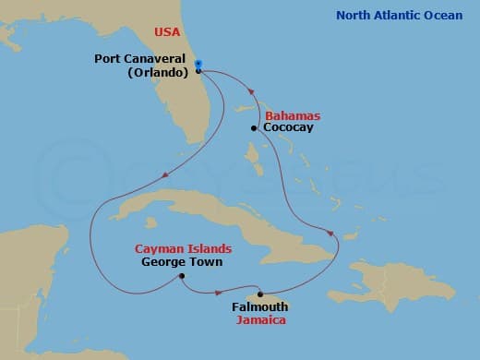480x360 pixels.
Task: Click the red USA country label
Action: click(168, 32)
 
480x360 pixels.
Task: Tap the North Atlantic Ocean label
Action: click(400, 15)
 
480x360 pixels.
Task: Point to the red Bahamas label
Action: click(293, 115)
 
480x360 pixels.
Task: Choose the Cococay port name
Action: click(289, 128)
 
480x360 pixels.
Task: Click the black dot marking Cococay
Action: click(253, 128)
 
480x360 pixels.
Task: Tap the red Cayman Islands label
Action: click(183, 248)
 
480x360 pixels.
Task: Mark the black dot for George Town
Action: click(183, 276)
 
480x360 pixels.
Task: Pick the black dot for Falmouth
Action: click(260, 294)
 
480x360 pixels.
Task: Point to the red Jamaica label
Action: click(260, 320)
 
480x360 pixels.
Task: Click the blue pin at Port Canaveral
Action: click(198, 65)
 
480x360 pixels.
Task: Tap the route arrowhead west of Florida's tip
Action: click(162, 177)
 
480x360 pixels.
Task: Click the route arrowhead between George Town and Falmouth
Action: click(229, 293)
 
